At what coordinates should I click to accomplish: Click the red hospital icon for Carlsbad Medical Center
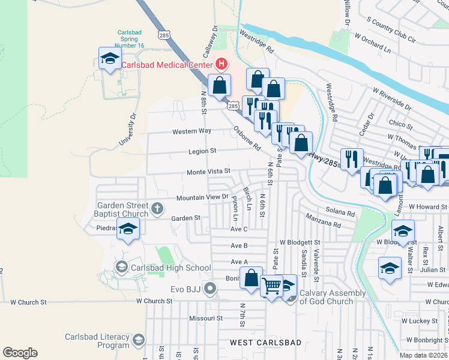click(x=221, y=64)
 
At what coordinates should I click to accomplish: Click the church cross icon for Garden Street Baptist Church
click(x=157, y=209)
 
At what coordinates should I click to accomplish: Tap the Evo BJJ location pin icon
click(x=209, y=289)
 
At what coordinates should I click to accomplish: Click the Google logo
click(x=20, y=353)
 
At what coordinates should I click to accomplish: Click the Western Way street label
click(x=191, y=131)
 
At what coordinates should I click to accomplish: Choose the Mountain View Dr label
click(x=202, y=197)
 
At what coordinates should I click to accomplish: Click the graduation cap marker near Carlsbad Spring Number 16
click(x=110, y=59)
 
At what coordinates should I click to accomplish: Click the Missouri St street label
click(x=206, y=318)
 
